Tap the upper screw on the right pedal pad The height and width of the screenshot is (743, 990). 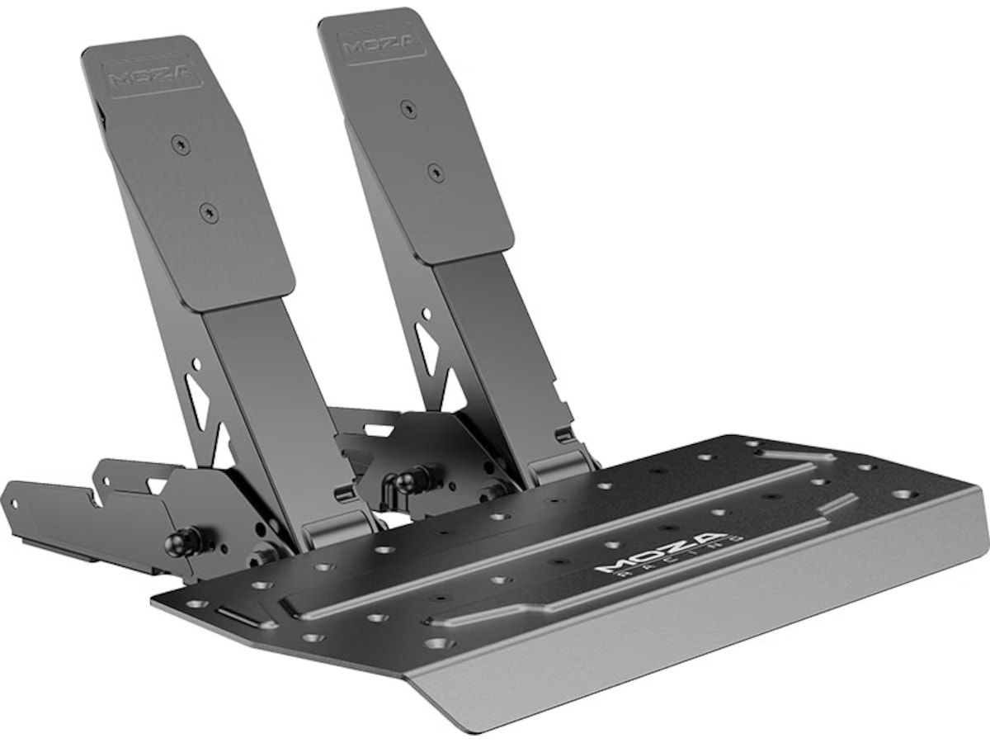[408, 108]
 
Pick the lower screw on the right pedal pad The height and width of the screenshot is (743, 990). [435, 172]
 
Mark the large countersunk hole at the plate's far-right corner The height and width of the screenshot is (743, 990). [904, 494]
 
